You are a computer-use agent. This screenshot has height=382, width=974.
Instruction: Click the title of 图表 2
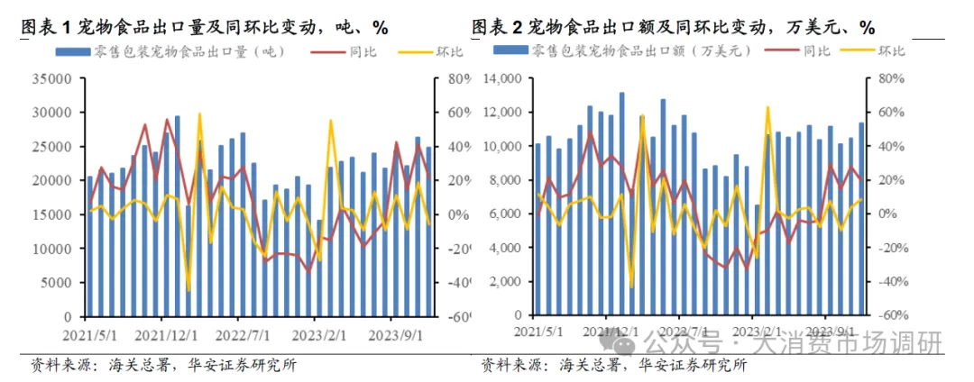pyautogui.click(x=673, y=27)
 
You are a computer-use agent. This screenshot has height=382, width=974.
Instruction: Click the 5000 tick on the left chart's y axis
pyautogui.click(x=58, y=283)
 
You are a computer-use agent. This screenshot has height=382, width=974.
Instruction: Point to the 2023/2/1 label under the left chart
pyautogui.click(x=313, y=333)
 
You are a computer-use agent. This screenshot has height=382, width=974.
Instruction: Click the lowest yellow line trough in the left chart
pyautogui.click(x=188, y=290)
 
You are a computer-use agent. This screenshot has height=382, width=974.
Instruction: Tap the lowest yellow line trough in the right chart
pyautogui.click(x=631, y=287)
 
